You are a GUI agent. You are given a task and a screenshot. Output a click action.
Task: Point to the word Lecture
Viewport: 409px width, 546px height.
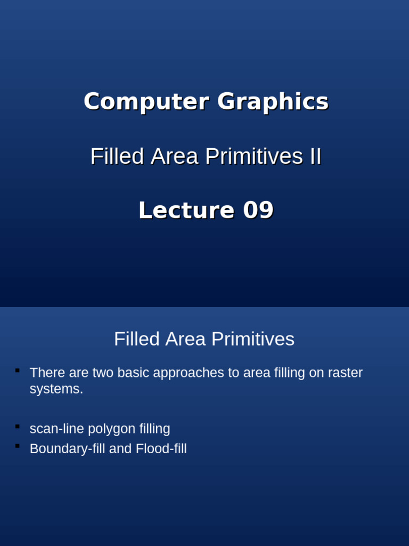[186, 210]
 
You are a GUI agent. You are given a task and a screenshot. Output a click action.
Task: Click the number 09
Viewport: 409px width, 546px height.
[258, 210]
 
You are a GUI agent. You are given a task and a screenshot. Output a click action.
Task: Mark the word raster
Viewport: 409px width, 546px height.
[346, 373]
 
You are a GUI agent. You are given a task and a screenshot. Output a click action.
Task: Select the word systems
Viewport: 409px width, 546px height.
[56, 389]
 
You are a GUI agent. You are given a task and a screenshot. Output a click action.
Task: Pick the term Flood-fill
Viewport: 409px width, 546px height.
[161, 449]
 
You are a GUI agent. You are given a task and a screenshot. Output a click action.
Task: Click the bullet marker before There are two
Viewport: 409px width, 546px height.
[18, 370]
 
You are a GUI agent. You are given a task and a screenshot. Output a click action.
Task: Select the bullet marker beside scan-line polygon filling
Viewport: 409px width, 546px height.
[18, 426]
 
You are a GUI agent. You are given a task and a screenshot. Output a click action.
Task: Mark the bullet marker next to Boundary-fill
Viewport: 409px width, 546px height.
[18, 446]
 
